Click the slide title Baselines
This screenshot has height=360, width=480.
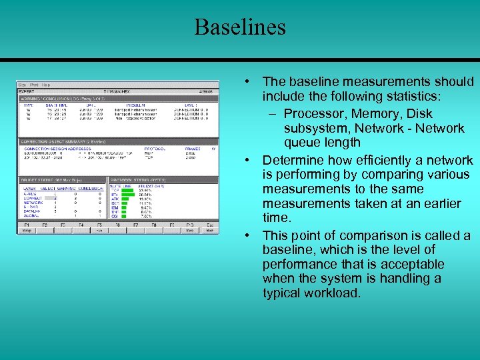coord(240,27)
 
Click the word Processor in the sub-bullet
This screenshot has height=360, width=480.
coord(311,114)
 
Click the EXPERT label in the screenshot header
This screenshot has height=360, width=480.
coord(27,91)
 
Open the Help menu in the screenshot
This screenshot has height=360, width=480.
coord(46,85)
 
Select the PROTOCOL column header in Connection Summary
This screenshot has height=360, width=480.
coord(156,149)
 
